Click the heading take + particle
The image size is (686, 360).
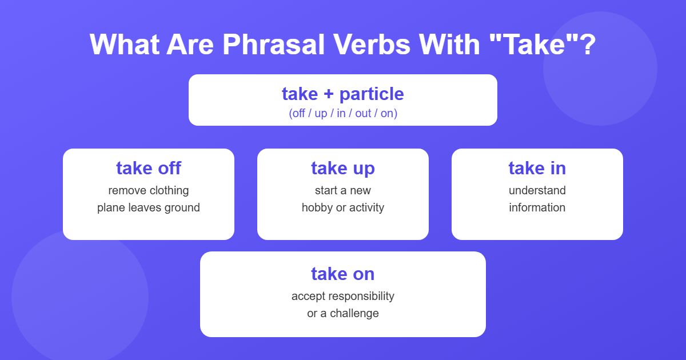point(343,94)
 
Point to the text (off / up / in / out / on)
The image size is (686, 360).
point(343,113)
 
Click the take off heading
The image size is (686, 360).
point(149,168)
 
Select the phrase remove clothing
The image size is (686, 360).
point(149,190)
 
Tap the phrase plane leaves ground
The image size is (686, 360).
point(149,207)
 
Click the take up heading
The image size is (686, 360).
point(343,168)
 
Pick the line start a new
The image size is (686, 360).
point(343,190)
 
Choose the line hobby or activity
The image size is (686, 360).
point(343,207)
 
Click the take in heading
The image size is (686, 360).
point(537,168)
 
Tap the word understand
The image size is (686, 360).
point(537,190)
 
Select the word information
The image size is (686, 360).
point(537,207)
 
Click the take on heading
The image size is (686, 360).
point(343,274)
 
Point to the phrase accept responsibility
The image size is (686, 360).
point(343,296)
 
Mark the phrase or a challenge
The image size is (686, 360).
point(343,313)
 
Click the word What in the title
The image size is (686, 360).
point(124,44)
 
